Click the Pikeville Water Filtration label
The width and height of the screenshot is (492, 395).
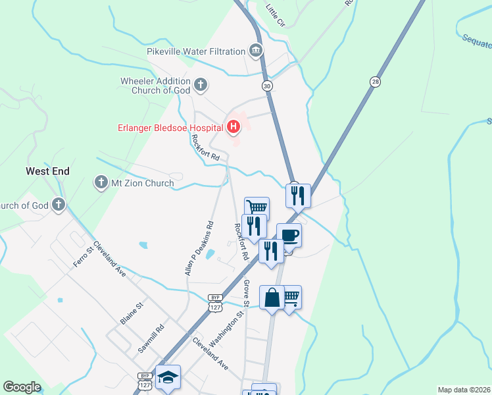coord(196,51)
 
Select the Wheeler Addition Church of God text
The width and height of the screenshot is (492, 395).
coord(155,86)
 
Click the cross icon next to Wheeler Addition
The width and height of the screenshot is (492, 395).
coord(201,86)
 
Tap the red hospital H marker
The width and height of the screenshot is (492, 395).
coord(234,126)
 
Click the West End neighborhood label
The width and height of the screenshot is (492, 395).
coord(47,171)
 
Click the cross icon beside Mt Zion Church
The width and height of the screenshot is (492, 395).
coord(101,182)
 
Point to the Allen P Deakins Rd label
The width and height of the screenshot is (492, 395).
coord(200,248)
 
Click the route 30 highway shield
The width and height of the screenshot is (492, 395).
coord(266,86)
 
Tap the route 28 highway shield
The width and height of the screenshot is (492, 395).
coord(375,81)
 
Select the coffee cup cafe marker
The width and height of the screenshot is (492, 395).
coord(289,235)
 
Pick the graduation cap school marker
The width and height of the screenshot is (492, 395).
coord(168,377)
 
